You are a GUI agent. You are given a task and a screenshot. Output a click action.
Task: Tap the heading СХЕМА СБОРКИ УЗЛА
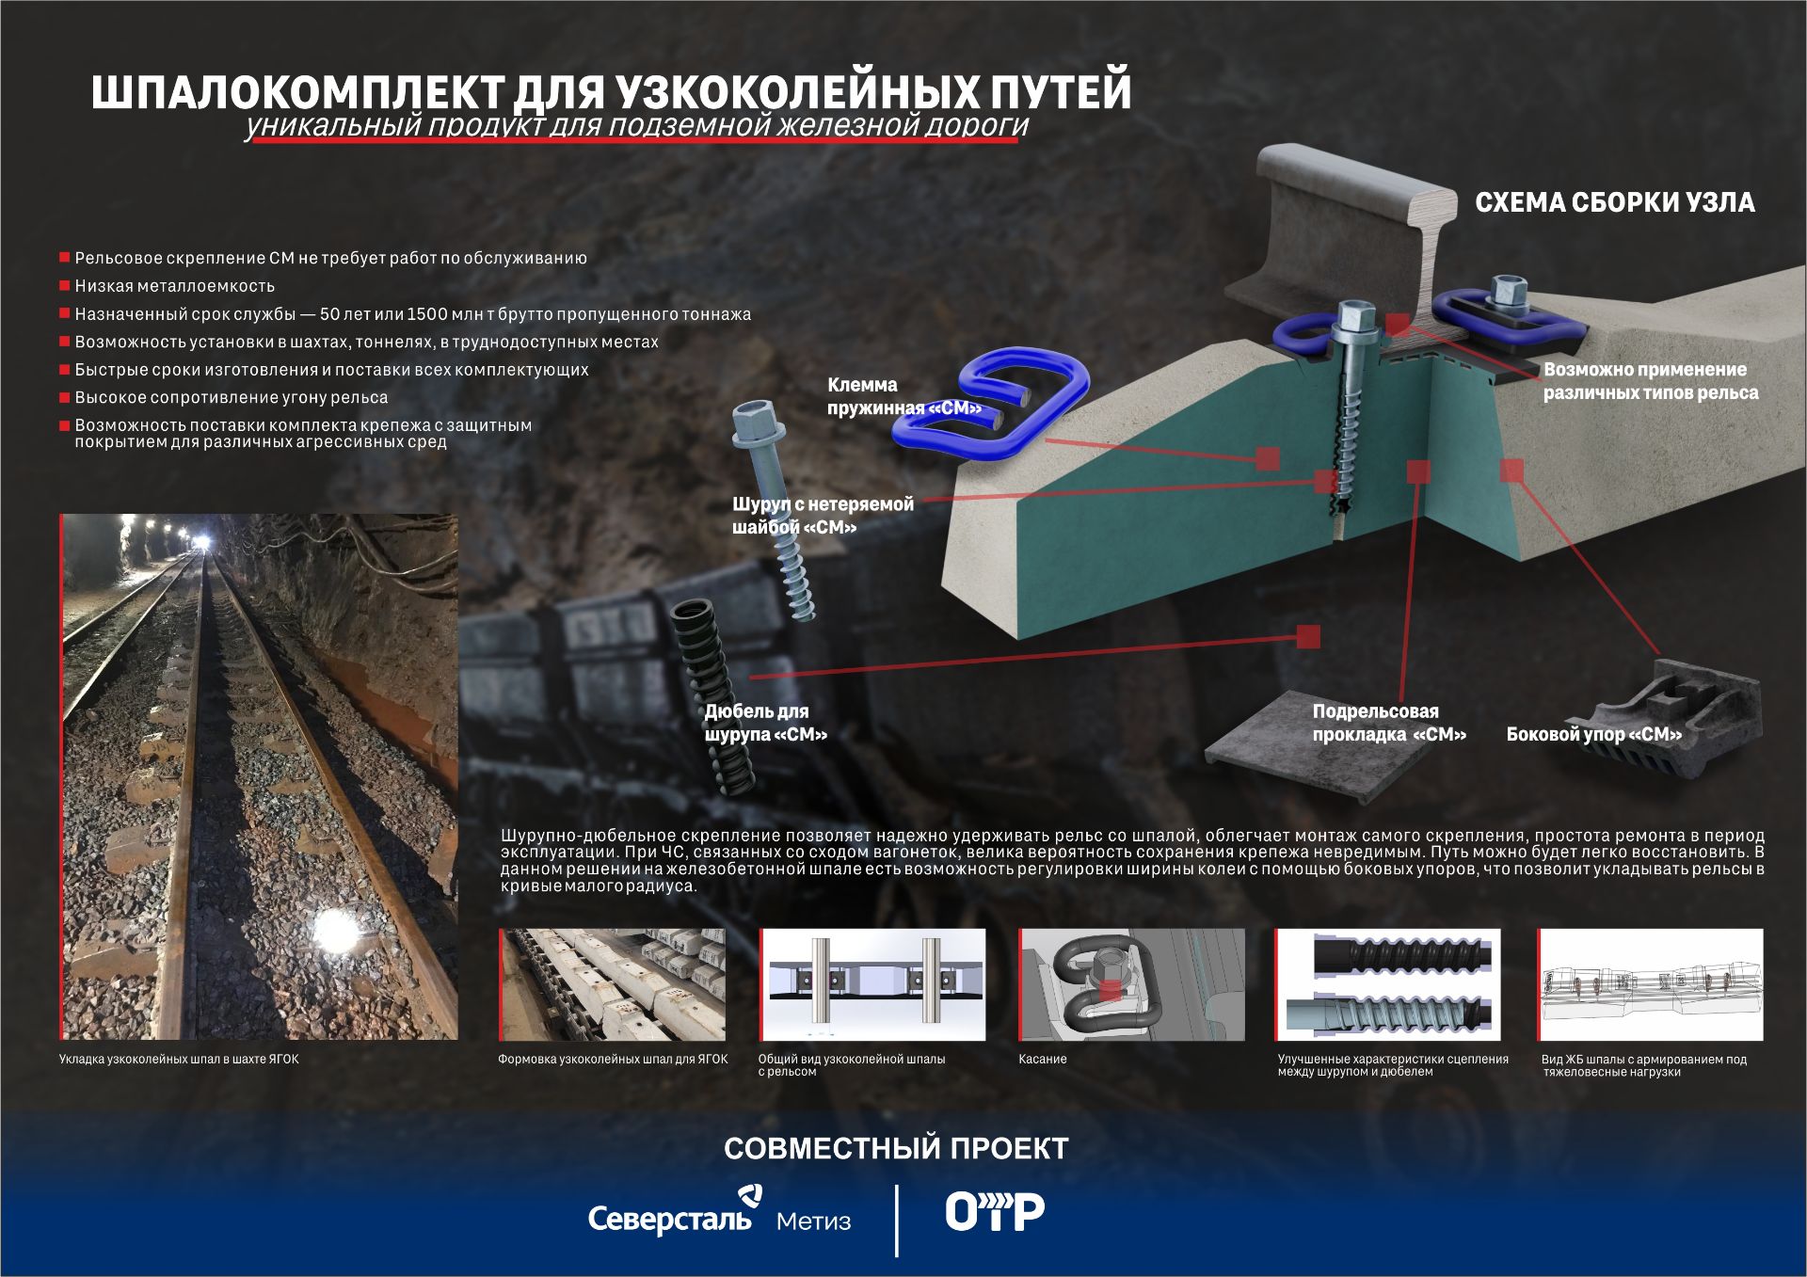coord(1614,202)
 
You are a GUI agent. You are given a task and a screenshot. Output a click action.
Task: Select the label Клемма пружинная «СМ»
coord(903,396)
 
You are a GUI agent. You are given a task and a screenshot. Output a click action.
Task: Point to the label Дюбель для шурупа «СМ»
coord(766,723)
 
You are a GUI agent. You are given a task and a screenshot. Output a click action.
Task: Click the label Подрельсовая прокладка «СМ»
coord(1389,723)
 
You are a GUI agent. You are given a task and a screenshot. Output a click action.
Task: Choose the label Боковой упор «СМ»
coord(1593,734)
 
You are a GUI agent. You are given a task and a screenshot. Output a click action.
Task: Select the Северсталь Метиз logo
coord(720,1213)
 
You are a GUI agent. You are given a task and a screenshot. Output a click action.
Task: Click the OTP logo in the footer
coord(995,1212)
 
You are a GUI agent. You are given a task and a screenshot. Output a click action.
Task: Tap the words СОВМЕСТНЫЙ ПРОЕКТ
coord(896,1148)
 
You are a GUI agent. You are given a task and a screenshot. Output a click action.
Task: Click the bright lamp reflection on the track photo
coord(334,930)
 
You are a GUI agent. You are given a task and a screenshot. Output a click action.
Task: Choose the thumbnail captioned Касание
coord(1131,984)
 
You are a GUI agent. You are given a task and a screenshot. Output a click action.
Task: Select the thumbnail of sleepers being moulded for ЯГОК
coord(612,984)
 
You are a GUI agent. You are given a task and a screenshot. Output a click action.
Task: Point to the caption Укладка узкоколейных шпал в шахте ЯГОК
coord(179,1059)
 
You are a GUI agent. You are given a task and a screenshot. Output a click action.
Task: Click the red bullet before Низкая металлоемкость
coord(65,285)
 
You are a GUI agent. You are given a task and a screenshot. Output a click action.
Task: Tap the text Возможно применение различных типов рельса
coord(1651,381)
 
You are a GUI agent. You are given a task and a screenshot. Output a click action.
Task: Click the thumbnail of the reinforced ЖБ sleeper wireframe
coord(1651,984)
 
